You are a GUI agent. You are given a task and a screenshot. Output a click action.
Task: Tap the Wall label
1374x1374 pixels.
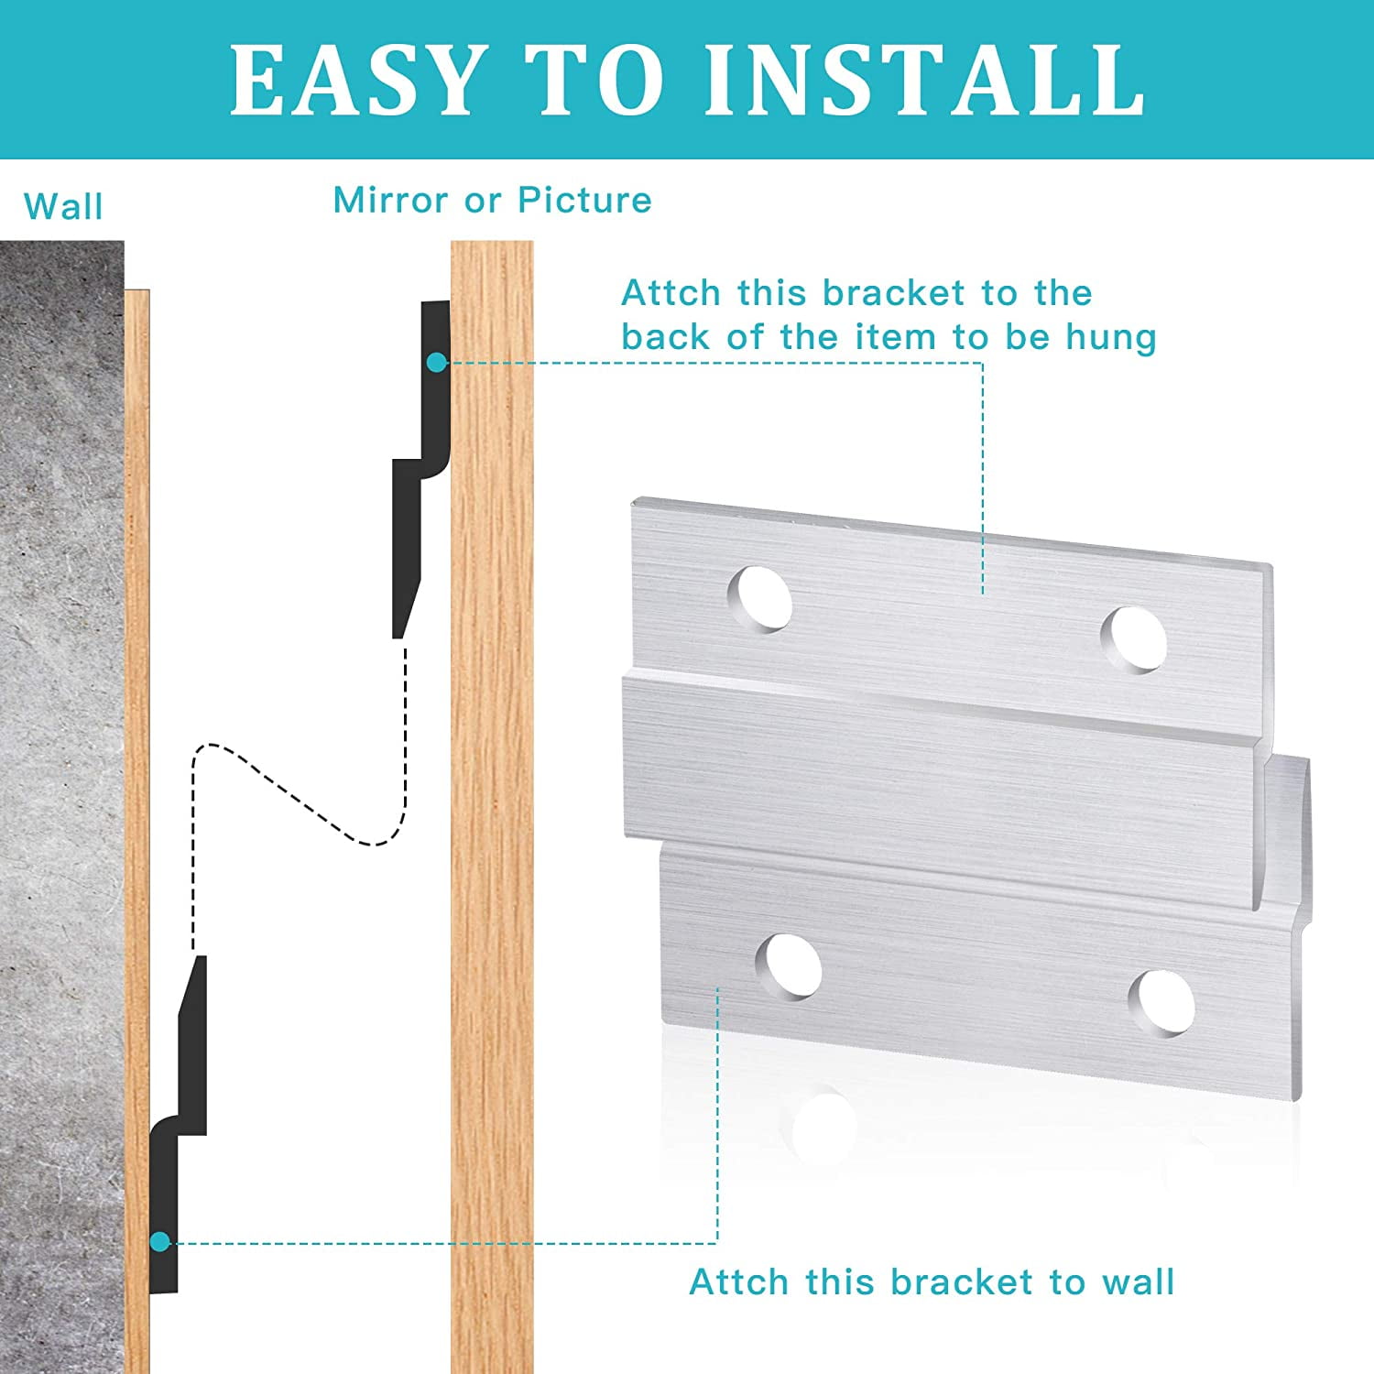63,206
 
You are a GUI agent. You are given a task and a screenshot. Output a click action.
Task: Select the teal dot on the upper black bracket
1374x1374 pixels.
437,363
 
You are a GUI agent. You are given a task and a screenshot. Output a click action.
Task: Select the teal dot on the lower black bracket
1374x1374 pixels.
160,1242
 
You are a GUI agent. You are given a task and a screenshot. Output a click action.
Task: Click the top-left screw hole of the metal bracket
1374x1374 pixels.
760,598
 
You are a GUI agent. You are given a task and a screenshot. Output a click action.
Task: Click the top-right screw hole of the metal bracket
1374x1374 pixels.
1134,638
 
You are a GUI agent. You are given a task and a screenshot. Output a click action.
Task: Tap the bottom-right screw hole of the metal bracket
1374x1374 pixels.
1162,1002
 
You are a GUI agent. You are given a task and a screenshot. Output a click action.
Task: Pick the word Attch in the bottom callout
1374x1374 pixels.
739,1281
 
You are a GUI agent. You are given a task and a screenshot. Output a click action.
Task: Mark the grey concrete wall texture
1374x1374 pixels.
60,733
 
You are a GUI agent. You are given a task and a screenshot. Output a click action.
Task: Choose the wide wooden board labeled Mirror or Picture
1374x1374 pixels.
492,824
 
